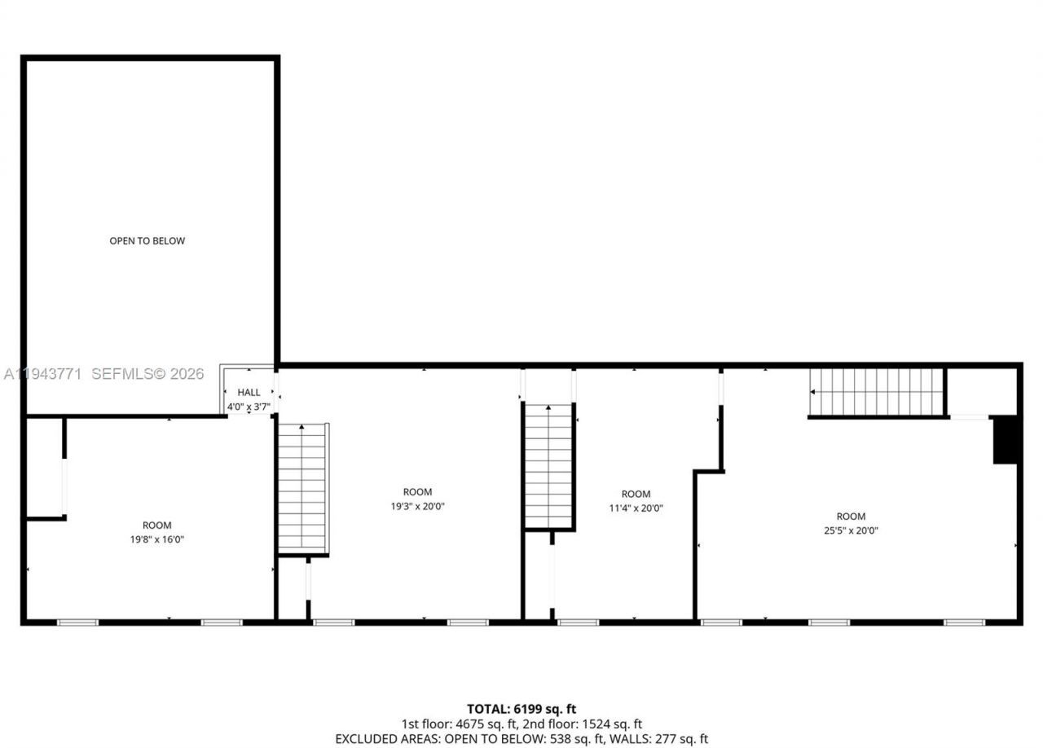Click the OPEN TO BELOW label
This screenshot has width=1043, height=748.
147,240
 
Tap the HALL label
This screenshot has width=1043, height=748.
249,392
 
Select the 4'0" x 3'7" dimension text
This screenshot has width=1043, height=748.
249,405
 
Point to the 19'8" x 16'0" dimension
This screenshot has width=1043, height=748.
157,539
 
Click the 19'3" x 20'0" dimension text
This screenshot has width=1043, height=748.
417,505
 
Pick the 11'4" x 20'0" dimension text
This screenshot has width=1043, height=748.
636,507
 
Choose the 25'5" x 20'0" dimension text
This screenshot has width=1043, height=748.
851,530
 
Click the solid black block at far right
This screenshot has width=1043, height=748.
1005,439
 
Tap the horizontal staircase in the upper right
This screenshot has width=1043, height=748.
876,392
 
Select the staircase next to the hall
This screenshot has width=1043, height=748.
302,488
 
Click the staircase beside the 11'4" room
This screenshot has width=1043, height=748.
548,466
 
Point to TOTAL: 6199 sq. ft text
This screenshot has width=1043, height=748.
521,709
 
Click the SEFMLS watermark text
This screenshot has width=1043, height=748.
147,374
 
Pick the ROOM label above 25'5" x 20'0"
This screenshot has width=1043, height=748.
851,516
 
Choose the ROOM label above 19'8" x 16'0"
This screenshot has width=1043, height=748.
157,525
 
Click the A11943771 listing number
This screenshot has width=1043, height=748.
42,374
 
